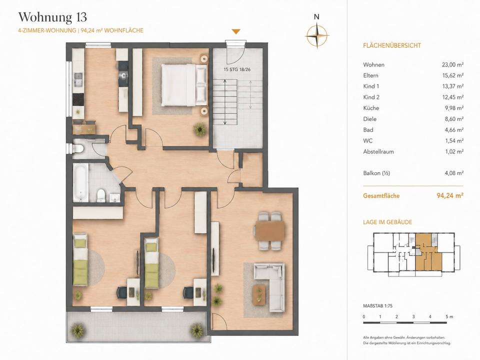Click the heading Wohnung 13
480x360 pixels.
coord(52,17)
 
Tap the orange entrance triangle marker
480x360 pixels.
coord(235,31)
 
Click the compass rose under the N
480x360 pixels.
coord(317,36)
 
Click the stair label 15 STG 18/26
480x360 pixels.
coord(237,69)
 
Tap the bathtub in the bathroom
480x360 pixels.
coord(81,182)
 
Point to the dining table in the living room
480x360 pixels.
coord(270,230)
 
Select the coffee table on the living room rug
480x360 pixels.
coord(259,294)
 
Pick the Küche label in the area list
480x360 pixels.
coord(371,108)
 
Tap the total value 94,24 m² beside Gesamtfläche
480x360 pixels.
coord(449,195)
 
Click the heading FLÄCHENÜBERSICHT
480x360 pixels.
coord(392,45)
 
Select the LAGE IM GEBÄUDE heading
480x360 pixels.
coord(387,222)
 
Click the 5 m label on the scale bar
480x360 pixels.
coord(449,316)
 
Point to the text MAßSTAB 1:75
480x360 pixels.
coord(378,306)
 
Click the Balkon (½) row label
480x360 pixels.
coord(376,173)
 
